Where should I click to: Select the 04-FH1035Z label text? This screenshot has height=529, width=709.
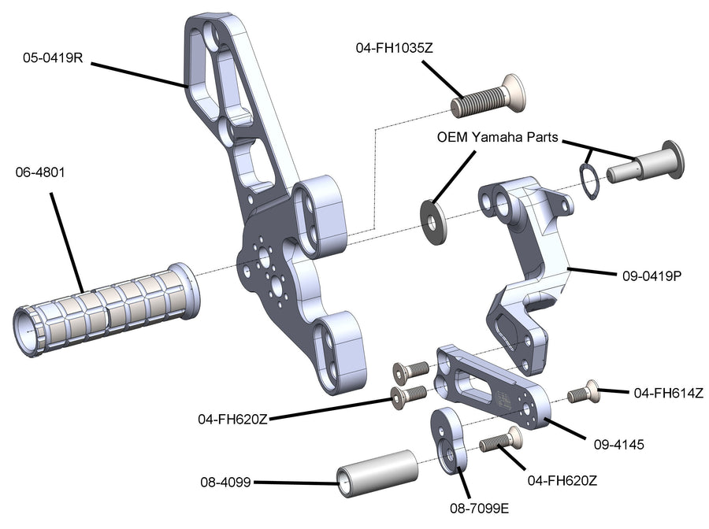coord(395,49)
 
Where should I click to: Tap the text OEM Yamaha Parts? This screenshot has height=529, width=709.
coord(497,137)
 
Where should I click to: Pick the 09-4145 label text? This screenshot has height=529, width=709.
coord(618,444)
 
